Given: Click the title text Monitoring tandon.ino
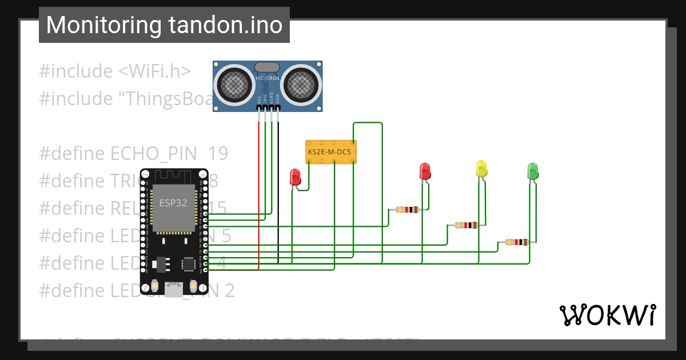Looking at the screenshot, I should (x=164, y=25).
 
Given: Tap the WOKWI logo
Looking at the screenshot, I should (x=607, y=315).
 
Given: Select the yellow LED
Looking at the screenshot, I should (x=481, y=169).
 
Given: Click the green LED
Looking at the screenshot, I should (x=532, y=171).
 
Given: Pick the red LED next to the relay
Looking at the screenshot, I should (x=295, y=176).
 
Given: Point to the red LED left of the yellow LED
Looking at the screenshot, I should (x=425, y=171).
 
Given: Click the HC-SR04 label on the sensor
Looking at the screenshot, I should (x=268, y=78).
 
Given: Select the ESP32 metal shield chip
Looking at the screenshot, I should (x=174, y=208).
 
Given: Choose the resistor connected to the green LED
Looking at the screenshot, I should (x=517, y=242).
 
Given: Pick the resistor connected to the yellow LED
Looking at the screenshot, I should (x=466, y=225).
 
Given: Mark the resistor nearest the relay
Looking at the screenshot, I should (x=407, y=210).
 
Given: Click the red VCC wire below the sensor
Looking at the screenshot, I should (x=259, y=189).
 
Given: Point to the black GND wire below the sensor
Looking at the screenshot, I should (x=278, y=189).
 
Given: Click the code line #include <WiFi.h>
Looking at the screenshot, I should (x=114, y=71).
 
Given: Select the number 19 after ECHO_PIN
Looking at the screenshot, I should (x=218, y=153).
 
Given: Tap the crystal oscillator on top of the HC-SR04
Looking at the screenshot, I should (x=267, y=67).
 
